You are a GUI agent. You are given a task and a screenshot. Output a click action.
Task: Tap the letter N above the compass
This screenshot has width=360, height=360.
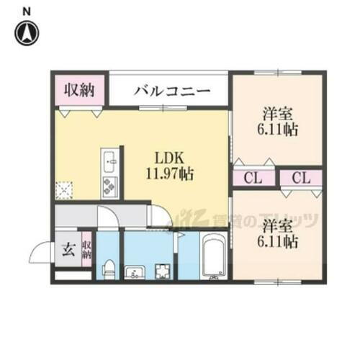tap(27, 10)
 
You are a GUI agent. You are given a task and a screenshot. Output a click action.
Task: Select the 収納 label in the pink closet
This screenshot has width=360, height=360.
tap(79, 91)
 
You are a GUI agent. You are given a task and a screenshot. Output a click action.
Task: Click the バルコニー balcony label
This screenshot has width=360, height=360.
tap(171, 91)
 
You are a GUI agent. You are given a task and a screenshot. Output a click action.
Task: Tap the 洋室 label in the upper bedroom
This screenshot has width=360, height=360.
tap(277, 113)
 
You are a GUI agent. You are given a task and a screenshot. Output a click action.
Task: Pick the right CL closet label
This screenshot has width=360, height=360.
tap(302, 178)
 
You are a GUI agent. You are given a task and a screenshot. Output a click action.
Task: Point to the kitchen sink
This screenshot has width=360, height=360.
tap(109, 160)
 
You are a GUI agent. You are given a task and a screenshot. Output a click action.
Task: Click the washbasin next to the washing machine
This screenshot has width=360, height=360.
tap(135, 271)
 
